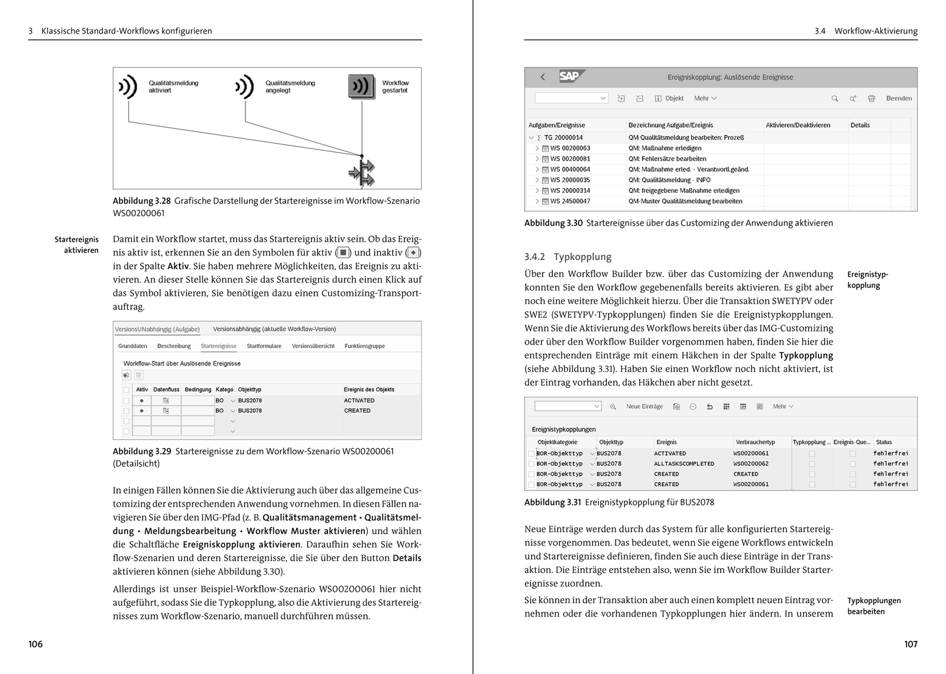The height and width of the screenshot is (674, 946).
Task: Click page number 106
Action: [35, 644]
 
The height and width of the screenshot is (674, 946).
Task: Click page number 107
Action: [911, 644]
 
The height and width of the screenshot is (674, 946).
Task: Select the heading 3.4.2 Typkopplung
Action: [568, 257]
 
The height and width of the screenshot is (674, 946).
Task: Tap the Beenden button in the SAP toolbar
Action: [899, 98]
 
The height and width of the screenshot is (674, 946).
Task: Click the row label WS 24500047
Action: [570, 201]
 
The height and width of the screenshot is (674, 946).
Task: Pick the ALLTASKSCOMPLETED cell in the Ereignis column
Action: [683, 464]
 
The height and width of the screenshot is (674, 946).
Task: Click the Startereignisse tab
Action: [218, 346]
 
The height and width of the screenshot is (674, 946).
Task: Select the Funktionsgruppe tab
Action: [364, 346]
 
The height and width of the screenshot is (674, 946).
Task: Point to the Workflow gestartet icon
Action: [361, 87]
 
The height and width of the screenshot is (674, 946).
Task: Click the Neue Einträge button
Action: [644, 406]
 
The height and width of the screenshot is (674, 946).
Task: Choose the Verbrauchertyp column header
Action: [755, 442]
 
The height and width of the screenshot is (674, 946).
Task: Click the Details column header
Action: [860, 125]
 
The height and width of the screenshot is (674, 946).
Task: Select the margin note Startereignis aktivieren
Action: [76, 245]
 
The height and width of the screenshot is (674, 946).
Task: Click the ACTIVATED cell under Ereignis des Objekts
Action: [359, 400]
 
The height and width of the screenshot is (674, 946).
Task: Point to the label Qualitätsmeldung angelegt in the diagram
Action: [290, 86]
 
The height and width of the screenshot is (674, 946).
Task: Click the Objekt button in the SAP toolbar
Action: [669, 98]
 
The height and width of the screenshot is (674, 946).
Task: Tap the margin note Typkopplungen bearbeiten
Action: [873, 605]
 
